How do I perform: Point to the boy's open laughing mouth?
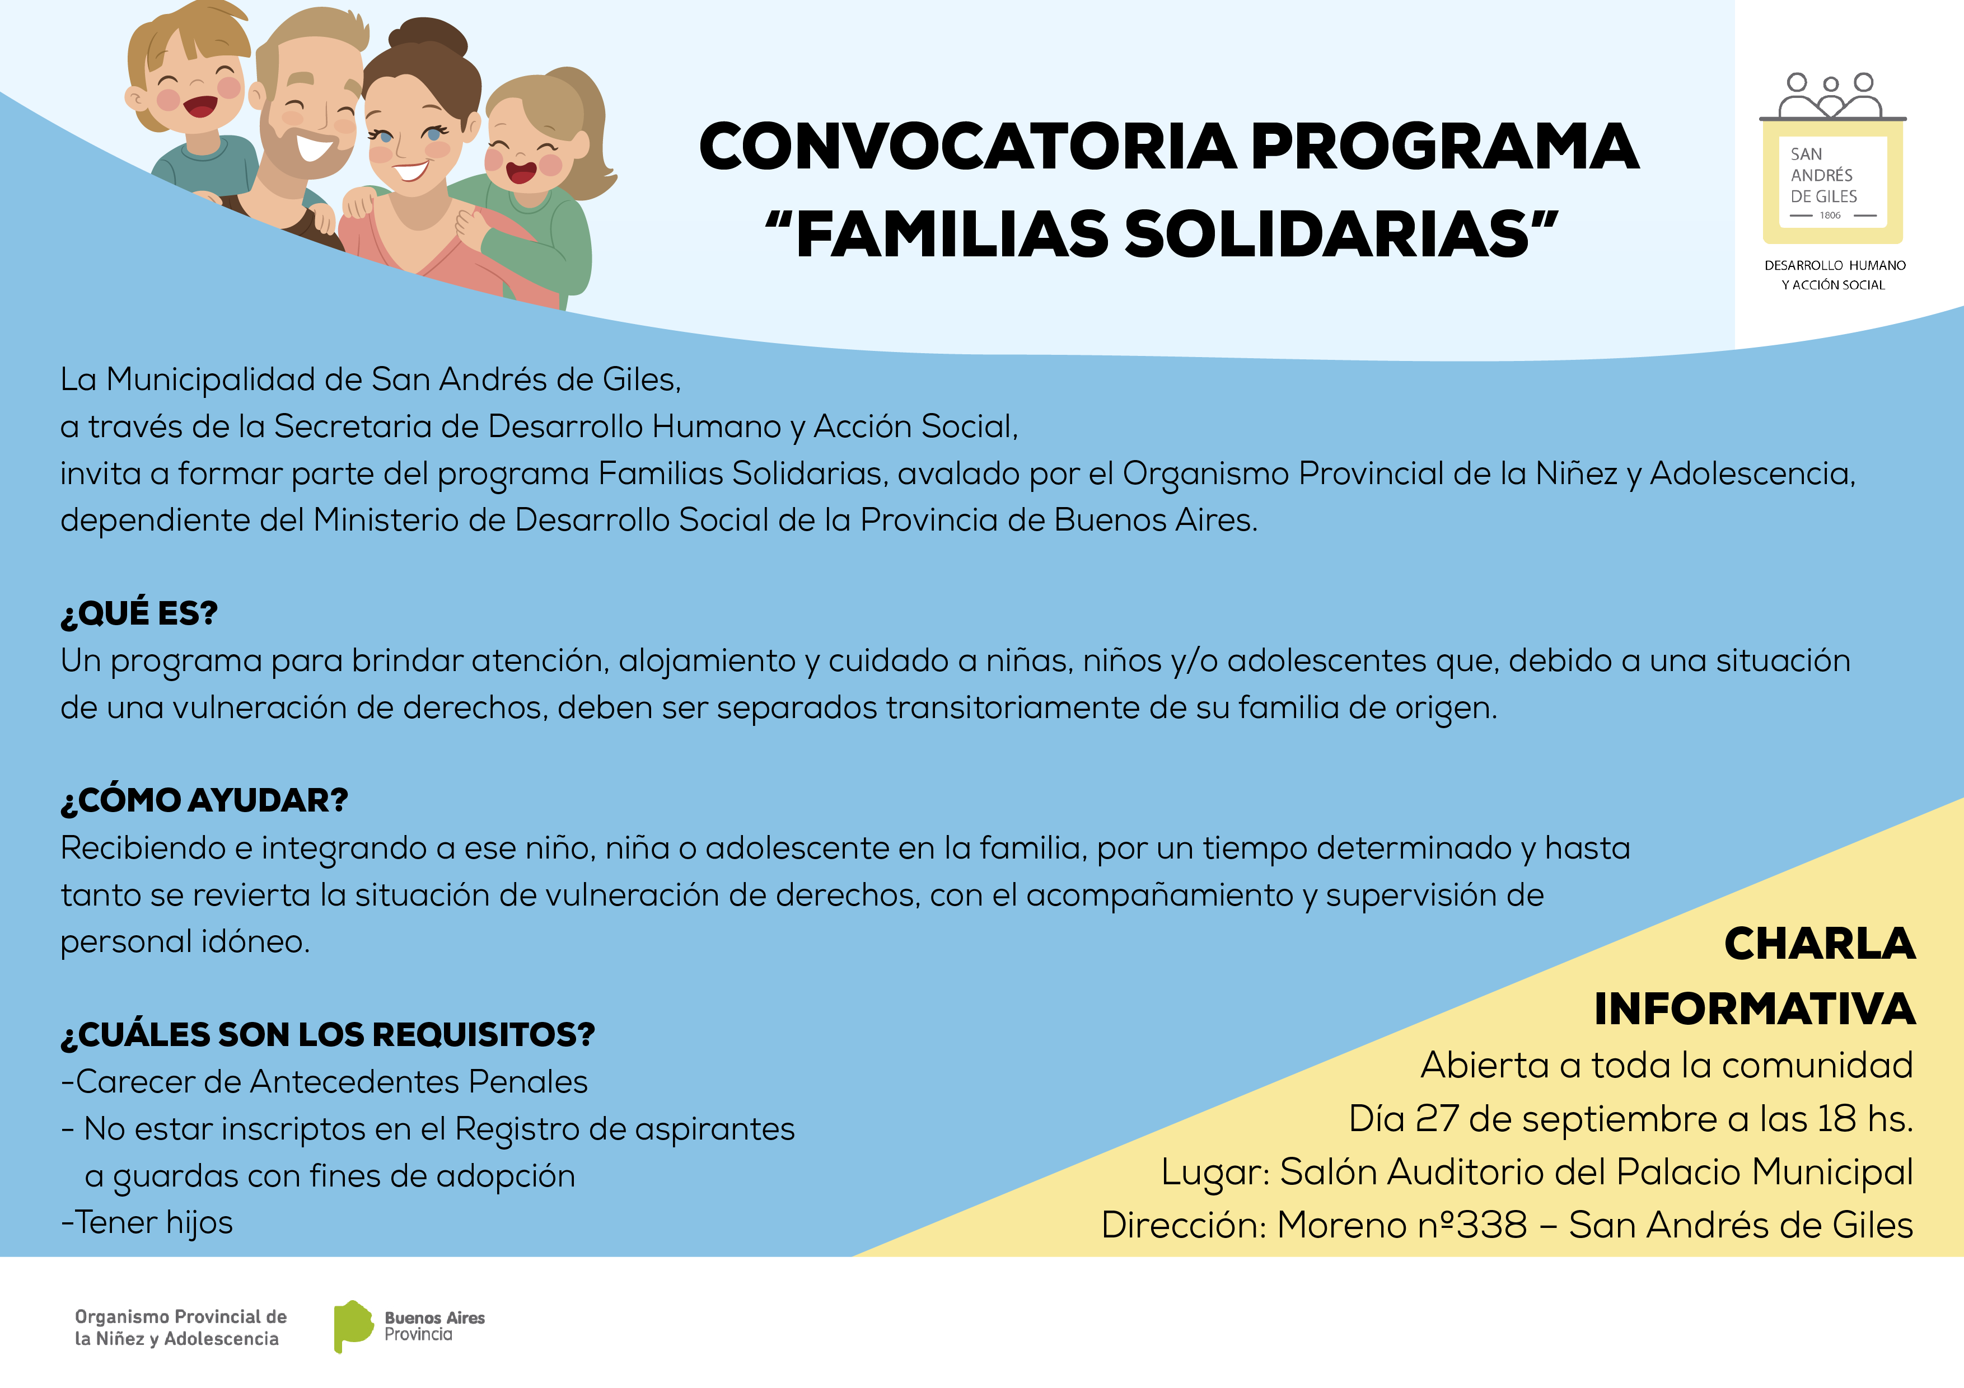tap(201, 107)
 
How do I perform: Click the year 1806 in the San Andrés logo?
tap(1831, 215)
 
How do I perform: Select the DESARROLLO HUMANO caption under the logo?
tap(1835, 265)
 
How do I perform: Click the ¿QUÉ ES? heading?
tap(139, 613)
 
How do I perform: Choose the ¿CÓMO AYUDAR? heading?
tap(204, 800)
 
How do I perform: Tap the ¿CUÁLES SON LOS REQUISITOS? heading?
tap(328, 1035)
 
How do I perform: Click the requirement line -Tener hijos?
tap(146, 1223)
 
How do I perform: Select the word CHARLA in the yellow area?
tap(1820, 944)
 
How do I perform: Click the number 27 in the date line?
tap(1437, 1119)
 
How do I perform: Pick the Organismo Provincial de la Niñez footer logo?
tap(180, 1328)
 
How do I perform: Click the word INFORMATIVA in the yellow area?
tap(1755, 1009)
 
